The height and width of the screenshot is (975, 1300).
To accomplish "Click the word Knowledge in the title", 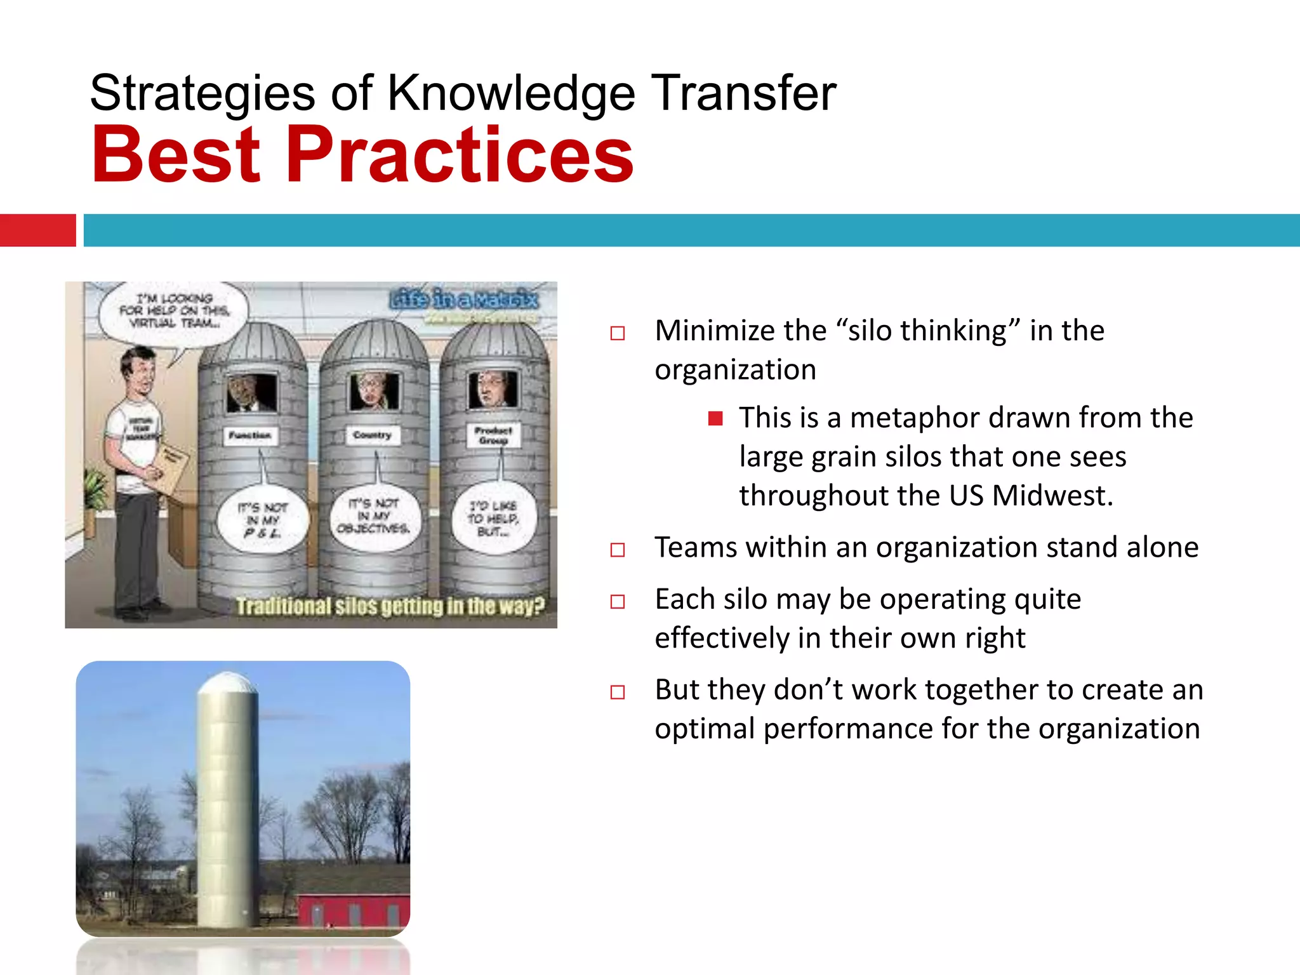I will [x=511, y=93].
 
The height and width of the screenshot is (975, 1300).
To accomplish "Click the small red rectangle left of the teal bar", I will [x=37, y=230].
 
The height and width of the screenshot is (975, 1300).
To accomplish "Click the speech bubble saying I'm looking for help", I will [x=174, y=311].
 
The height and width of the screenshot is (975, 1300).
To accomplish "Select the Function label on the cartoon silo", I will [x=250, y=435].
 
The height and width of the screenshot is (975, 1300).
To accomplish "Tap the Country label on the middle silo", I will [x=373, y=435].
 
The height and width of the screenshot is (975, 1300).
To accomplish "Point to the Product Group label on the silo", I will [x=493, y=435].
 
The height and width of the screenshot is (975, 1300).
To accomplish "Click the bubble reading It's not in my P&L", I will [x=262, y=520].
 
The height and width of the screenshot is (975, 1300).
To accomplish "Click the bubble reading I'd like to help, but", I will [x=493, y=518].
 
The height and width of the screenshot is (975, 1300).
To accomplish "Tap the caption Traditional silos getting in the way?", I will [x=390, y=606].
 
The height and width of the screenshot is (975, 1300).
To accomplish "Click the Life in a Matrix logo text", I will [x=464, y=298].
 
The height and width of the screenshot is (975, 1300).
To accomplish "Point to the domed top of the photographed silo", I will [x=227, y=684].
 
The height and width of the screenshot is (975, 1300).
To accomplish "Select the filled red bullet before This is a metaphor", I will [x=715, y=418].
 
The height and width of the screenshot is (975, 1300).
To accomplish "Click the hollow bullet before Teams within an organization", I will [x=617, y=549].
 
